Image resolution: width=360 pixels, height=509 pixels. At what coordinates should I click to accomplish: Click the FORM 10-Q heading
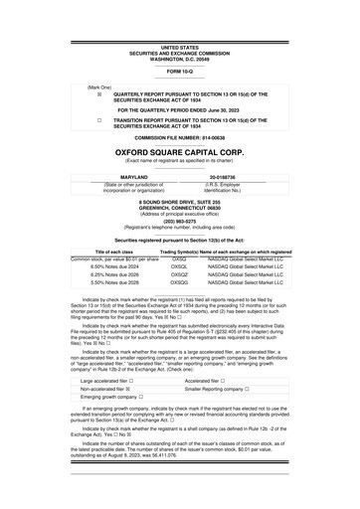(179, 70)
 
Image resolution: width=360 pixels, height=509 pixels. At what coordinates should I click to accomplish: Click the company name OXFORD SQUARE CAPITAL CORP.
(179, 153)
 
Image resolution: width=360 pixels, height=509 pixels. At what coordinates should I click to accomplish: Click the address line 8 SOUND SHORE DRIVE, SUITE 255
(179, 201)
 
